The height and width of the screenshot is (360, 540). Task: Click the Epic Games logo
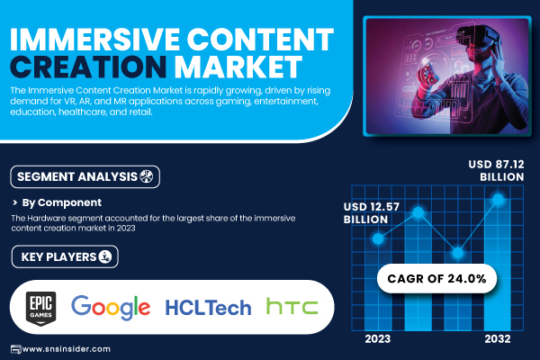point(41,309)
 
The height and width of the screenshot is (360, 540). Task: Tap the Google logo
point(111,307)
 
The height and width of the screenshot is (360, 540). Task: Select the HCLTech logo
point(208,308)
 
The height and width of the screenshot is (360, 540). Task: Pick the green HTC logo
point(292,307)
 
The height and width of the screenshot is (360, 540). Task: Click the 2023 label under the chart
point(377,339)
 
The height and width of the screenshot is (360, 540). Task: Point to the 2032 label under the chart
point(498,339)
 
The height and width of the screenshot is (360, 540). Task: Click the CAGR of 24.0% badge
point(436,278)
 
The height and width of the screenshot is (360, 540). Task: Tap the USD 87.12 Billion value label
point(496,170)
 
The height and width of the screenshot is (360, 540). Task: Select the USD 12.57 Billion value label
point(371,213)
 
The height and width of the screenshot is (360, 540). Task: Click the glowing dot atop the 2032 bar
point(498,199)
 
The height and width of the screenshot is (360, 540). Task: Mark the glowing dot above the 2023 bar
point(378,238)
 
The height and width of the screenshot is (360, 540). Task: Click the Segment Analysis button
point(85,176)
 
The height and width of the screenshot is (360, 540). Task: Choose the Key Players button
point(65,256)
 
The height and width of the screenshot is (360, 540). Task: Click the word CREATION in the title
point(88,67)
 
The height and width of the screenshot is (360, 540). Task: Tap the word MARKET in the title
point(238,67)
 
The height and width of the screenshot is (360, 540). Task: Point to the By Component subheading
point(61,202)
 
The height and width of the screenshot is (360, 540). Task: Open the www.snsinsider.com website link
point(66,349)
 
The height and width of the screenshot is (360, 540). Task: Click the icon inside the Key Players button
point(105,256)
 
